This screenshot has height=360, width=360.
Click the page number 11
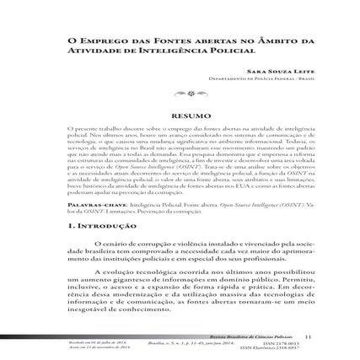pos(308,336)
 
